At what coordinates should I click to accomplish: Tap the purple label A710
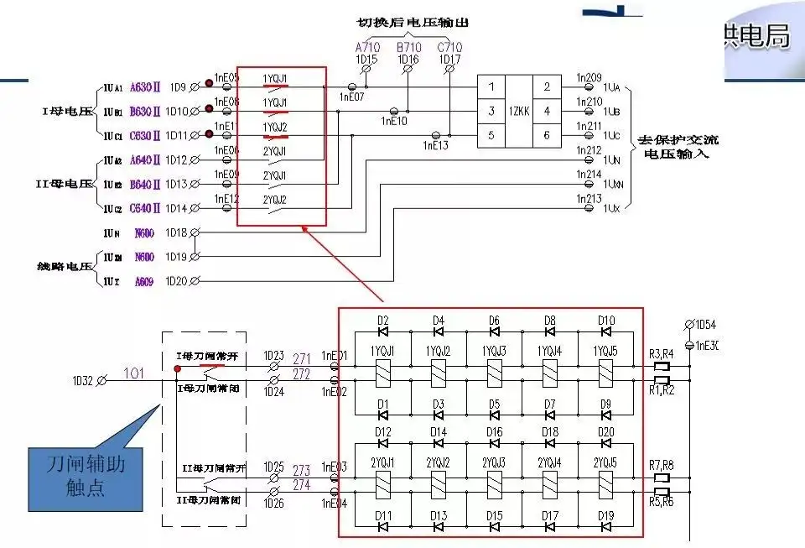366,47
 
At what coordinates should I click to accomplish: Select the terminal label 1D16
408,60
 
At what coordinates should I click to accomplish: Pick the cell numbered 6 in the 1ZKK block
547,135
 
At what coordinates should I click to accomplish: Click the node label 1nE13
436,146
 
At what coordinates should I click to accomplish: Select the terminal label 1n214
589,175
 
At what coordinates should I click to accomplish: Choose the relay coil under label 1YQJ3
494,373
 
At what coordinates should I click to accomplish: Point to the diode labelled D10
606,332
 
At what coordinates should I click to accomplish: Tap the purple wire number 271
301,359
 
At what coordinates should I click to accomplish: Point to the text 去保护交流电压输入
678,147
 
